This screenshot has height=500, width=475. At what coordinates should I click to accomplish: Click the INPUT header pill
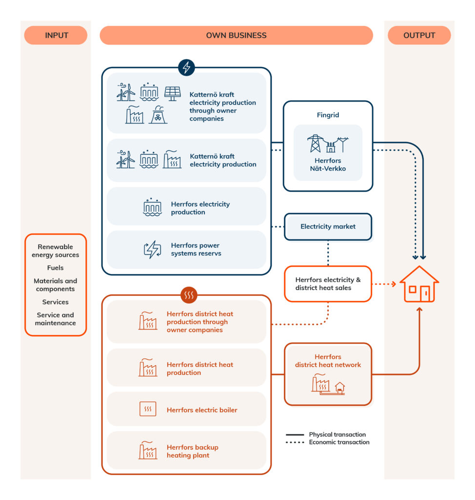pyautogui.click(x=56, y=35)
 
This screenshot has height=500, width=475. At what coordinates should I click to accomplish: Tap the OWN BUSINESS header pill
pyautogui.click(x=236, y=35)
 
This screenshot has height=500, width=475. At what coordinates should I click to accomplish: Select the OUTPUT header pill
pyautogui.click(x=419, y=35)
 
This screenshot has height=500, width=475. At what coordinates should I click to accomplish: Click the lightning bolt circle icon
pyautogui.click(x=186, y=67)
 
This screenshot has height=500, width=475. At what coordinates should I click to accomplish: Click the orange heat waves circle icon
pyautogui.click(x=189, y=295)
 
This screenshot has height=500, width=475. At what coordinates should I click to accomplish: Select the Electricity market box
pyautogui.click(x=328, y=227)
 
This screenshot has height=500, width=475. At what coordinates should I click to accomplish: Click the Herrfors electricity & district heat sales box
pyautogui.click(x=328, y=284)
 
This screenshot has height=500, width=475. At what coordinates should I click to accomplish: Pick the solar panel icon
pyautogui.click(x=172, y=93)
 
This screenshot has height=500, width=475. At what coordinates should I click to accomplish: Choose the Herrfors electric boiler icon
pyautogui.click(x=148, y=409)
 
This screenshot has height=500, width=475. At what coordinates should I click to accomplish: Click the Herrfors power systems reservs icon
pyautogui.click(x=152, y=250)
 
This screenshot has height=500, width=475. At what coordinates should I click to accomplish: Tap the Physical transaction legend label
pyautogui.click(x=337, y=435)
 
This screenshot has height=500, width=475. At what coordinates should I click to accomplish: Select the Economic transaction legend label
pyautogui.click(x=339, y=442)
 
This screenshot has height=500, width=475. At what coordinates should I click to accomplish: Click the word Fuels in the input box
pyautogui.click(x=55, y=268)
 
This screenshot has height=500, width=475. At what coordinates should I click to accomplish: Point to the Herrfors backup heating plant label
pyautogui.click(x=192, y=451)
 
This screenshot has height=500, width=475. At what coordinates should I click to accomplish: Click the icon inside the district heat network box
pyautogui.click(x=328, y=383)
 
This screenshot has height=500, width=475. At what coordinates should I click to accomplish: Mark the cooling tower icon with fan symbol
pyautogui.click(x=158, y=115)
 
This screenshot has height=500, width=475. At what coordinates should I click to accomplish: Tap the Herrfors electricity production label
pyautogui.click(x=200, y=208)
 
